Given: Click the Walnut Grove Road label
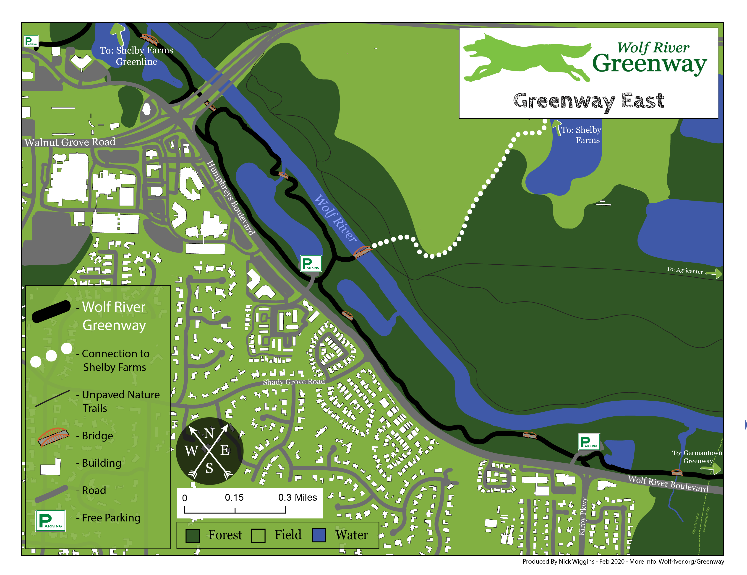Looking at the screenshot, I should coord(70,142).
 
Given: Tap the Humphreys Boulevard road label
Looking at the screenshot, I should coord(231,198).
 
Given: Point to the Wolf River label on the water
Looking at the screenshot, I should coord(335,218).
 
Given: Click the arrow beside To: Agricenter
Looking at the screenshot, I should coord(714,273).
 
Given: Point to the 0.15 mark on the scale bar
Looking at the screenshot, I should coord(235,498).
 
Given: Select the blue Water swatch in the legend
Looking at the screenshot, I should coord(319,535).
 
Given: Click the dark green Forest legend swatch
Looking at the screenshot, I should coord(193,535).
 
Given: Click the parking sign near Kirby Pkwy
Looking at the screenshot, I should coord(589,442).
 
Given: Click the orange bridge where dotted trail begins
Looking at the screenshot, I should coord(362,252).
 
